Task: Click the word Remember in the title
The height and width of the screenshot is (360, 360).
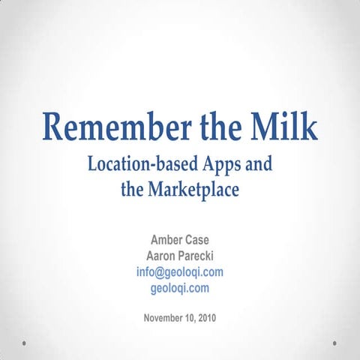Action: pos(112,128)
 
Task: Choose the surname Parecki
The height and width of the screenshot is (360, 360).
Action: pos(198,256)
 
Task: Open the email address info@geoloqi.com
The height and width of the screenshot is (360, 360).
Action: pos(180,271)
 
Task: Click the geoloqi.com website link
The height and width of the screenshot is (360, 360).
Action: pos(180,287)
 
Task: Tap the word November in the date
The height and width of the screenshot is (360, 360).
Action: pos(165,317)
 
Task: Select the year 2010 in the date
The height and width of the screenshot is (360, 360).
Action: pos(205,317)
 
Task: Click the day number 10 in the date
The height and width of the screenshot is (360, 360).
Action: pos(187,317)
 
